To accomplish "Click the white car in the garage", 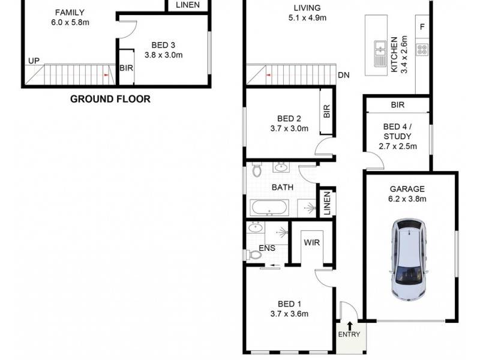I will (x=410, y=259).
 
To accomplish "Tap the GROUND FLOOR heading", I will (x=110, y=99).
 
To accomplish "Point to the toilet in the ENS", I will (x=254, y=255).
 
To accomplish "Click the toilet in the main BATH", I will (x=257, y=170).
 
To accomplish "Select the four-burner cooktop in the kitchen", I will (x=422, y=50).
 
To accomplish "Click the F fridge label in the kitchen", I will (x=422, y=27).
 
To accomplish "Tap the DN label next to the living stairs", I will (x=344, y=75).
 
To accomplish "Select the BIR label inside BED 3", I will (x=126, y=68).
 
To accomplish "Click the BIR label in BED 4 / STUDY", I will (x=397, y=105).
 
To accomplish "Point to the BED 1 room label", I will (x=289, y=303).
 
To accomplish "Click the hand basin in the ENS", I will (x=256, y=227).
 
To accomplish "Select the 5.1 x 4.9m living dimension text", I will (x=307, y=18).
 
